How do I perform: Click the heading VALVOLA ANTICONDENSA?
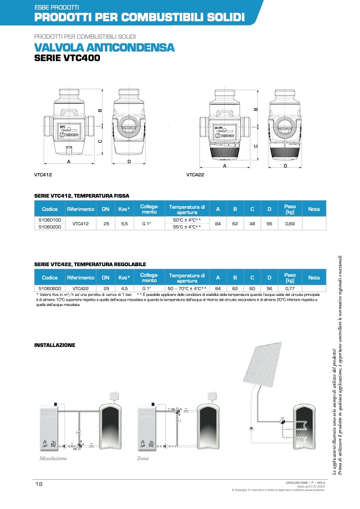pos(104,47)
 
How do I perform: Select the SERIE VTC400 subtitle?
pos(67,58)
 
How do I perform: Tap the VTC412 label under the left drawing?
pos(43,174)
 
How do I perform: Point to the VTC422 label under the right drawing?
pos(195,174)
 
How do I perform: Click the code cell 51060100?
pos(50,219)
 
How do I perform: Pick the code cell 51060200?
pos(50,227)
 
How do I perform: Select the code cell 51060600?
pos(50,287)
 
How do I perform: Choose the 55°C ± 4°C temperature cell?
pos(187,227)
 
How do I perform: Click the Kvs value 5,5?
pos(124,223)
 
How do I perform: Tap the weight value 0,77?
pos(290,287)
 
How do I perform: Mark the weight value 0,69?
pos(290,223)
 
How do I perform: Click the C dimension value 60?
pos(252,287)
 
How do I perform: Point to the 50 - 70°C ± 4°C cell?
pos(187,287)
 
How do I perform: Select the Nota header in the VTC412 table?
pos(314,209)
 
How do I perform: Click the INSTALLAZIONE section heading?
pos(55,345)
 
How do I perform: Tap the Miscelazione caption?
pos(53,458)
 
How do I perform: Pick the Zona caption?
pos(143,458)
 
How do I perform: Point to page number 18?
pos(39,484)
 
